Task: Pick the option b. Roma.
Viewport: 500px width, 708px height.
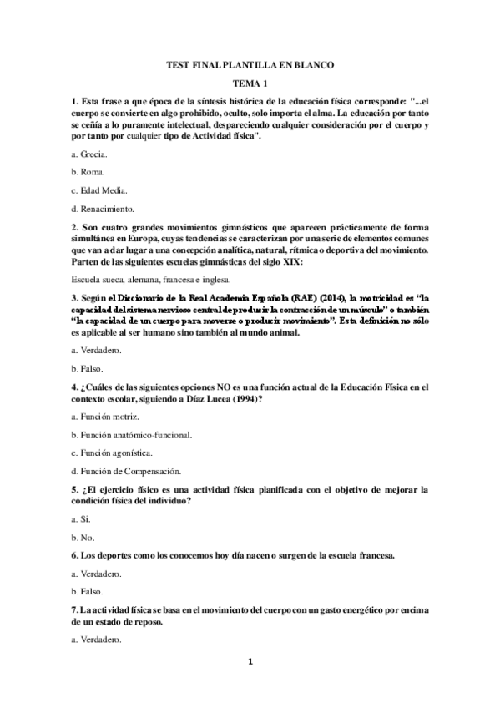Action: tap(88, 172)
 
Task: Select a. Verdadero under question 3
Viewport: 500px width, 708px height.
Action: tap(98, 351)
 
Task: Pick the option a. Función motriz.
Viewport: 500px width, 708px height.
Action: tap(105, 417)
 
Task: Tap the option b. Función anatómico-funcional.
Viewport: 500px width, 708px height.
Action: tap(132, 434)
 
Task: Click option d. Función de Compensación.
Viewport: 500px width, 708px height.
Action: tap(124, 471)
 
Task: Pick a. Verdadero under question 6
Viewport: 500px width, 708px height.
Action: tap(98, 574)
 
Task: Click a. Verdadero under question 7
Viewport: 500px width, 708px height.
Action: tap(98, 640)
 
